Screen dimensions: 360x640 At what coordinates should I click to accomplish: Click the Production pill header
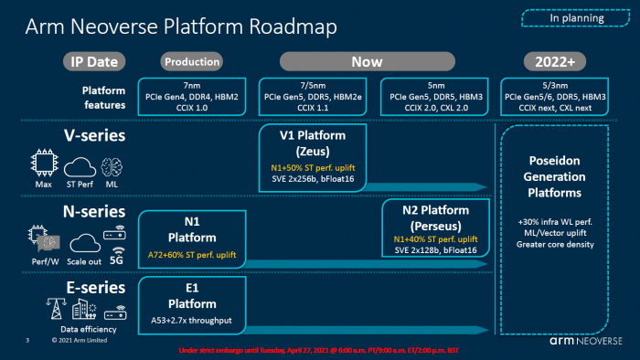point(192,62)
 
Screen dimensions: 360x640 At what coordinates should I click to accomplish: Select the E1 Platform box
point(192,305)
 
